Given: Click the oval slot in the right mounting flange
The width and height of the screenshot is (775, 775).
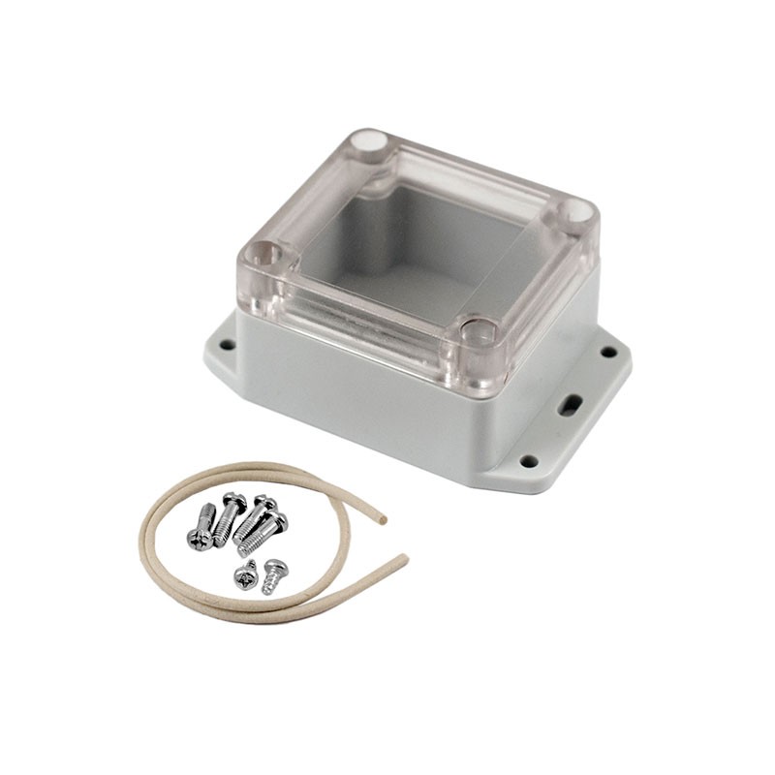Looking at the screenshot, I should coord(572,405).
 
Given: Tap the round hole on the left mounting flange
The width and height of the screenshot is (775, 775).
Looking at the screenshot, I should coord(226,344).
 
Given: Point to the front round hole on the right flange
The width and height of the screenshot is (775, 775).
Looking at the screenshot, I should coord(528,461).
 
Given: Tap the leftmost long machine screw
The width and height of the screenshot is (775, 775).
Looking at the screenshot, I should coord(202,527).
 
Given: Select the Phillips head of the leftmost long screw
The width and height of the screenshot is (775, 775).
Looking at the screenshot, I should coord(197,540).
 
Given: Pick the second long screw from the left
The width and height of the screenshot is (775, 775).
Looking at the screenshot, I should coord(229,518).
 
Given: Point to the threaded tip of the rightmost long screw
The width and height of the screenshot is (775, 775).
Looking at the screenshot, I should coord(246,548).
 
